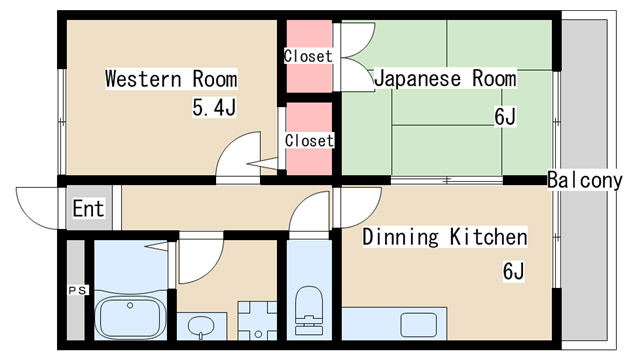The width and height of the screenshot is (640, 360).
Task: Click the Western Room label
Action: (x=171, y=79)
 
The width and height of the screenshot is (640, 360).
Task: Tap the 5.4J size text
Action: (x=214, y=108)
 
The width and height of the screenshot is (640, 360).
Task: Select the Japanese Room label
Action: (x=445, y=78)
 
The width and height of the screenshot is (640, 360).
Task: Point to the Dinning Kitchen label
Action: (x=445, y=237)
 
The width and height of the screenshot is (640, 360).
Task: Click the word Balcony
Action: (x=584, y=180)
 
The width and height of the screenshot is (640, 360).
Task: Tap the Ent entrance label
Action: (x=89, y=208)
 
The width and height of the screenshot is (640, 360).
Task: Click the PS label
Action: (x=78, y=291)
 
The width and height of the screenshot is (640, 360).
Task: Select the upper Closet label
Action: (x=308, y=56)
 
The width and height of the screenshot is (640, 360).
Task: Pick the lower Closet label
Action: (x=309, y=140)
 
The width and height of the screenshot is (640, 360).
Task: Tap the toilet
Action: (x=309, y=310)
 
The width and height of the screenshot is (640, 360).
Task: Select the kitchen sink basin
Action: (x=418, y=324)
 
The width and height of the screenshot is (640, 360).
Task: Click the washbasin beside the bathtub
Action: (x=201, y=327)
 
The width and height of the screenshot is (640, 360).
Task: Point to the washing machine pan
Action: (x=258, y=320)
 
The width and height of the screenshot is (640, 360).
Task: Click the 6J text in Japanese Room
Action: (x=505, y=116)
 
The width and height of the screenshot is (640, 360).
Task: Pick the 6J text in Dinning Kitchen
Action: (x=513, y=271)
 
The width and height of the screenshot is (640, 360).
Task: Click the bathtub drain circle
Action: (x=130, y=305)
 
